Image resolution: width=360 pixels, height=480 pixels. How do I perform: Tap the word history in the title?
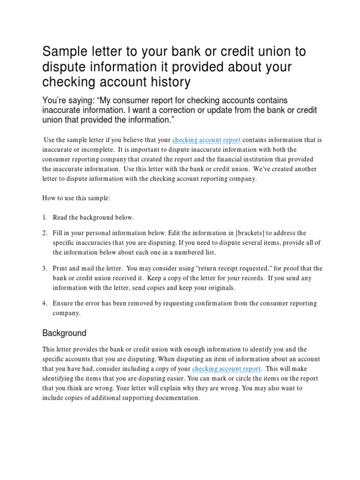pyautogui.click(x=170, y=82)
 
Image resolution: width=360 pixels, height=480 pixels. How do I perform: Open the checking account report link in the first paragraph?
pyautogui.click(x=206, y=140)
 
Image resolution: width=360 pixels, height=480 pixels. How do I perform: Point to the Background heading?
pyautogui.click(x=64, y=333)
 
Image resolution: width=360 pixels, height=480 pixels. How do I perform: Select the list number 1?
pyautogui.click(x=45, y=217)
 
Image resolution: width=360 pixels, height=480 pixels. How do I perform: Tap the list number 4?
pyautogui.click(x=45, y=303)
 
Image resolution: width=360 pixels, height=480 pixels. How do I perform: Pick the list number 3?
pyautogui.click(x=45, y=268)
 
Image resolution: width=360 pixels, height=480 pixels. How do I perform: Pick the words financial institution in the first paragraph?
pyautogui.click(x=234, y=159)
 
